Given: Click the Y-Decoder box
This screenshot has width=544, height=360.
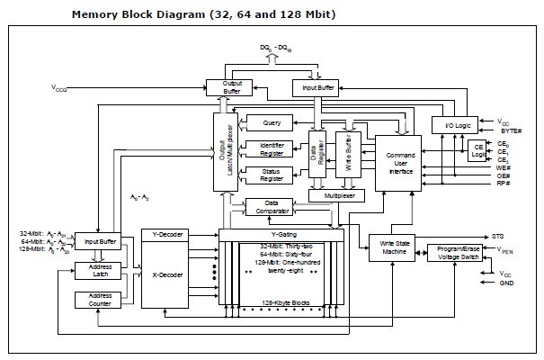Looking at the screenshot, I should click(163, 235).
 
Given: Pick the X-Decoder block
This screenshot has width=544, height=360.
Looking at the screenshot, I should click(163, 277).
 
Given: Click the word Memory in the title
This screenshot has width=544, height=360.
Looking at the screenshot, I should click(94, 15).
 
